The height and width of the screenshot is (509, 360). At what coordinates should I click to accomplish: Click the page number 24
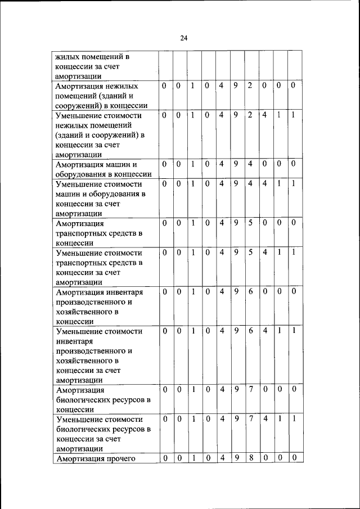click(183, 38)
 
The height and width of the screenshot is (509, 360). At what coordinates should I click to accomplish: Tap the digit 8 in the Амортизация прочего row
click(251, 459)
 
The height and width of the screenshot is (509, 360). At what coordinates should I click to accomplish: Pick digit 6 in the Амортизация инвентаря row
click(251, 292)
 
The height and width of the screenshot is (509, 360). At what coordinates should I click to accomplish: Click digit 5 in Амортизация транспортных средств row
click(251, 223)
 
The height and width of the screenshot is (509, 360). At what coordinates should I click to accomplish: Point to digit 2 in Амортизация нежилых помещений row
click(251, 86)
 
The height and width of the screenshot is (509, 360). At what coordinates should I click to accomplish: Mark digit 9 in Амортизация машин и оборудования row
click(236, 164)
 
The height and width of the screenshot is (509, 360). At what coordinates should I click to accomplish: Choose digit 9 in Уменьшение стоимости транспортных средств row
click(236, 253)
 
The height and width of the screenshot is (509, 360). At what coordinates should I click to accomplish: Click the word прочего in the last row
click(120, 459)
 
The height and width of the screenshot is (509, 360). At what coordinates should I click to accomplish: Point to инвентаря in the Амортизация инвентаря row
click(123, 292)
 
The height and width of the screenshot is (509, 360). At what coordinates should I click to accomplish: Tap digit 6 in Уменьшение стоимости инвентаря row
click(251, 331)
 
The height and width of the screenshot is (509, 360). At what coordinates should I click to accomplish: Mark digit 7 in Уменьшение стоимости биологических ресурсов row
click(251, 420)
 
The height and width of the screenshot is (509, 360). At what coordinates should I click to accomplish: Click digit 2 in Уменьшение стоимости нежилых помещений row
click(251, 115)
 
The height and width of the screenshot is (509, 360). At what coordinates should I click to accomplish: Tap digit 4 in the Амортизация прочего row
click(222, 459)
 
